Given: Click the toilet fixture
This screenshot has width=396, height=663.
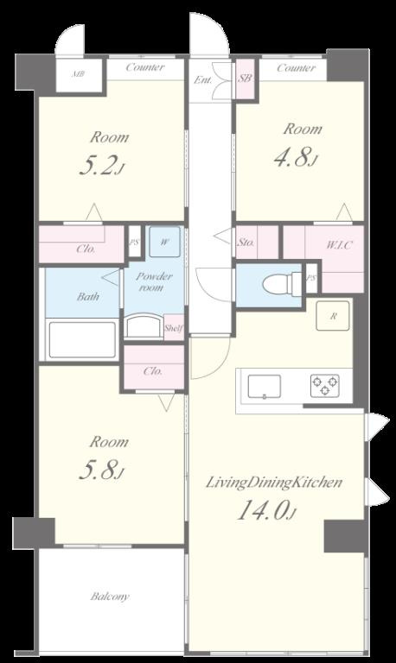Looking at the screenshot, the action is point(282,283).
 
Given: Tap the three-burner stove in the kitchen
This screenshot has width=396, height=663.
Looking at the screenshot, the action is point(325,386).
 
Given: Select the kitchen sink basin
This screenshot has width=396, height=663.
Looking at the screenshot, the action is point(265,386).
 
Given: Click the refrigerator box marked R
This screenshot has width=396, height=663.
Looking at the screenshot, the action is point(334,315).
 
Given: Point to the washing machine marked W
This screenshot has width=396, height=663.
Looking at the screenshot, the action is point(165,242).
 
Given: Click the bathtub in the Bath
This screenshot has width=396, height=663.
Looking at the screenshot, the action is point(83,339).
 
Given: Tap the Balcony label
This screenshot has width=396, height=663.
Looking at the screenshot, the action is point(110,597).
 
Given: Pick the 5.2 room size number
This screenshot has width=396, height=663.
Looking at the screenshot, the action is point(101,166).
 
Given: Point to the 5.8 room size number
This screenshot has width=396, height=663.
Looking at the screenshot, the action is point(102,470).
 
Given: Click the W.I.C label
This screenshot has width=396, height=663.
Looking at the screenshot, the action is point(339,245).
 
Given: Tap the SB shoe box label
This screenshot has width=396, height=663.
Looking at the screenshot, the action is point(245,79).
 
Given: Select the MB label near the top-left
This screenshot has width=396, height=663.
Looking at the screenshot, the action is point(78,74).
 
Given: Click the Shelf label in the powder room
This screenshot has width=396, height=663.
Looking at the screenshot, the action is point(174,328).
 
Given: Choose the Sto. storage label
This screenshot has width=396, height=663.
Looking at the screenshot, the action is point(246,243).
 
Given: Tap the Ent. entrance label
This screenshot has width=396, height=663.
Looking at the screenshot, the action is point(203,79).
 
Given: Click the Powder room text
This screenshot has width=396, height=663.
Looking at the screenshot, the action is point(153,282).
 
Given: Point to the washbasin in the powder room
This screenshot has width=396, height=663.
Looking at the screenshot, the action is point(144,325).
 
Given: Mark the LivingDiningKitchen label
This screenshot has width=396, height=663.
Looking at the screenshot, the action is point(273,483).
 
